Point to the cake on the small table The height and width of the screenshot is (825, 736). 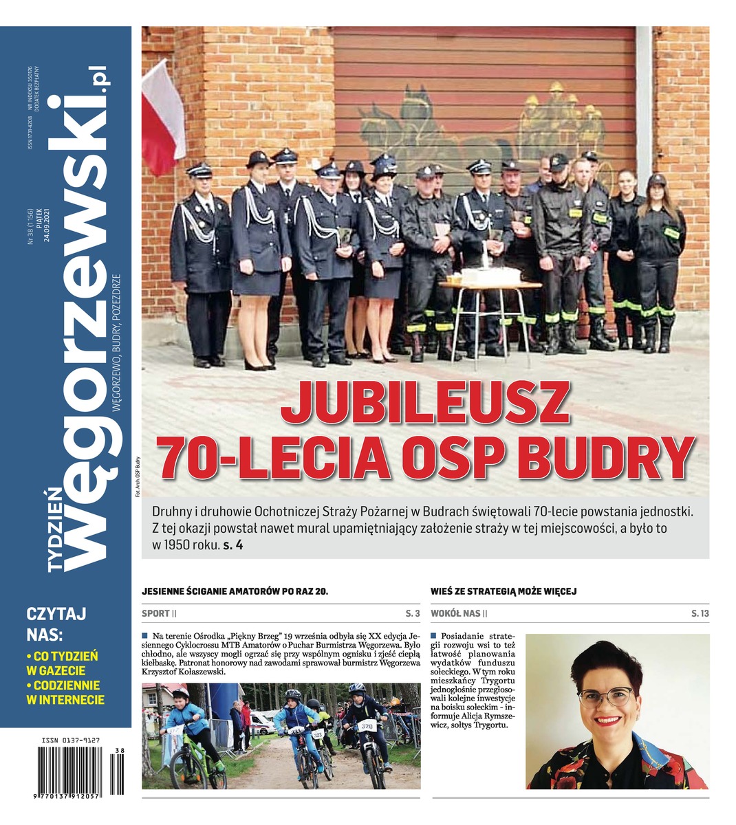[x=490, y=275]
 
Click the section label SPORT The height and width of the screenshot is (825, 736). [x=155, y=613]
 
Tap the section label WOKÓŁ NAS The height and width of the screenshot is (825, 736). [x=455, y=613]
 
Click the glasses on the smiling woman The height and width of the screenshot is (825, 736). [x=606, y=696]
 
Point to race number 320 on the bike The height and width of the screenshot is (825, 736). [x=367, y=725]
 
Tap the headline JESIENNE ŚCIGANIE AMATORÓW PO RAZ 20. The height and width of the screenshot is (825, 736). [x=235, y=591]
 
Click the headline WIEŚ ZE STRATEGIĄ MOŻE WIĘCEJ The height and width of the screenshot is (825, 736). [x=504, y=591]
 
